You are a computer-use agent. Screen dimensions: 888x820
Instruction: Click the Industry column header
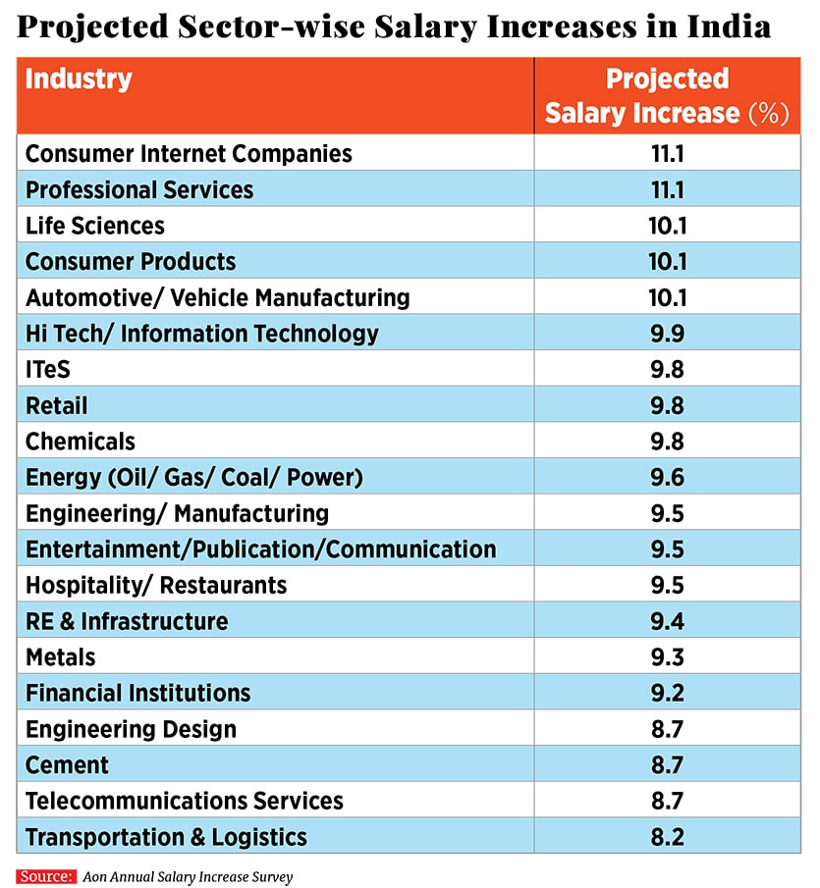(79, 79)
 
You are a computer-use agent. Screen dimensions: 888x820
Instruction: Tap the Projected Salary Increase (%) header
(667, 96)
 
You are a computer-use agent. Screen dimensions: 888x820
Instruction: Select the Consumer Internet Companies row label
(189, 154)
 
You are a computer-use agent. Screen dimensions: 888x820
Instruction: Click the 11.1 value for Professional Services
(667, 189)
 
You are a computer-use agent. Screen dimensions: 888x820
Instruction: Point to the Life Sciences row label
(95, 226)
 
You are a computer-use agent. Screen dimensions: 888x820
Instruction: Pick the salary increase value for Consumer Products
(667, 262)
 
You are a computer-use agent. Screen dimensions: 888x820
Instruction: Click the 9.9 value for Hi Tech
(667, 334)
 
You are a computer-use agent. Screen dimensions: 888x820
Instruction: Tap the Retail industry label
(57, 405)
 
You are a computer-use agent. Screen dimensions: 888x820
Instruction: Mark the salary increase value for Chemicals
(667, 442)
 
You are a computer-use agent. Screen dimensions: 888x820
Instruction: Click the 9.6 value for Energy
(667, 478)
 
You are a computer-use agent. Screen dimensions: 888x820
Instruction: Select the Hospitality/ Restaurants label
(156, 586)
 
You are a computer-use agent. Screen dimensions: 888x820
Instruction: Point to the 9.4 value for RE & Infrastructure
(667, 621)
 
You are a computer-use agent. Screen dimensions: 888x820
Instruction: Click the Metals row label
(61, 657)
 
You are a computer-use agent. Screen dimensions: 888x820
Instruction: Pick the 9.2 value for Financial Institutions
(667, 694)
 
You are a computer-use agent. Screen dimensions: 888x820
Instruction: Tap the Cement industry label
(67, 765)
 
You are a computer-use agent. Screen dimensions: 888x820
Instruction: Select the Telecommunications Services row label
(185, 801)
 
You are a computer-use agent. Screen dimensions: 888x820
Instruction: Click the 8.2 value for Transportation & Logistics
(667, 837)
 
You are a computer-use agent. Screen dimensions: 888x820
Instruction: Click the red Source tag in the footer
(46, 876)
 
